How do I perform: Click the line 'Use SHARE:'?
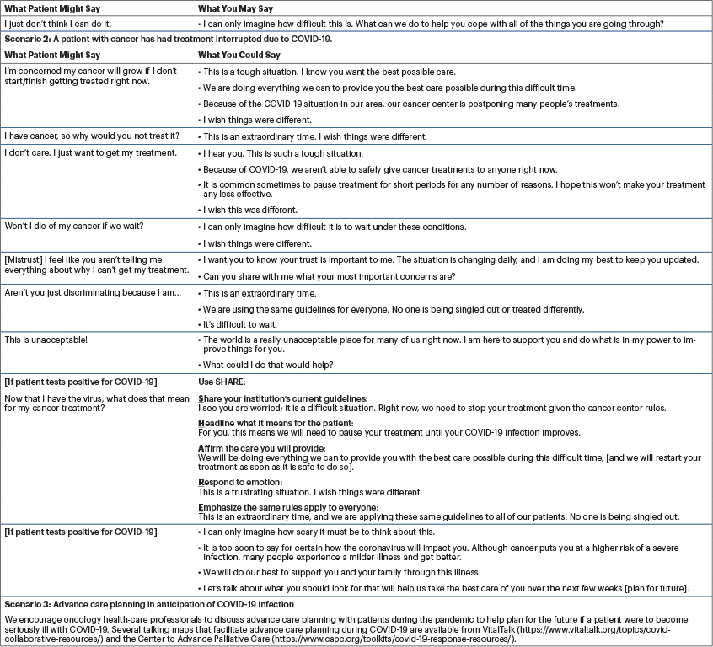221,382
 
